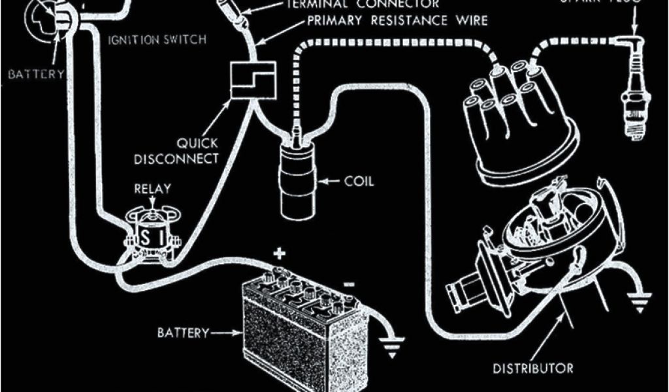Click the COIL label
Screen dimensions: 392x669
click(359, 181)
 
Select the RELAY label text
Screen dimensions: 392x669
click(152, 189)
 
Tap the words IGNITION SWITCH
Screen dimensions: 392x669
click(156, 40)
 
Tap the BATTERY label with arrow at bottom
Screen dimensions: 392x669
click(182, 333)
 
